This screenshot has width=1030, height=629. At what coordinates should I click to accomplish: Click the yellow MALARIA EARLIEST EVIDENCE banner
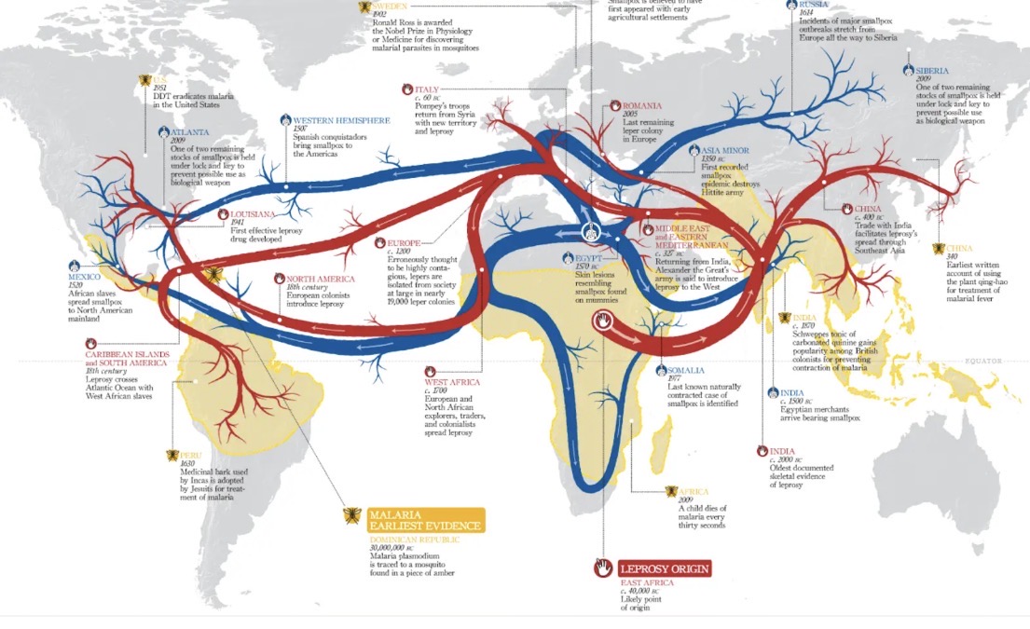pyautogui.click(x=426, y=520)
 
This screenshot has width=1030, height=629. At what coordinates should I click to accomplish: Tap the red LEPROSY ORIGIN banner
pyautogui.click(x=665, y=568)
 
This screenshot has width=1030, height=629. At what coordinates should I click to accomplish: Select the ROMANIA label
pyautogui.click(x=641, y=106)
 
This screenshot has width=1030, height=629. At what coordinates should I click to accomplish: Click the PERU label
pyautogui.click(x=190, y=455)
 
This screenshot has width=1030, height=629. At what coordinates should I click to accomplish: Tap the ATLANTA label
pyautogui.click(x=189, y=132)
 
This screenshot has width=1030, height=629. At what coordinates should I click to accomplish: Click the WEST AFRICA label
pyautogui.click(x=451, y=382)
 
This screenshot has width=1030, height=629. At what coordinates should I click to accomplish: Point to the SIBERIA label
pyautogui.click(x=931, y=71)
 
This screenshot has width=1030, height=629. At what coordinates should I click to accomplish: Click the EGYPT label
pyautogui.click(x=588, y=256)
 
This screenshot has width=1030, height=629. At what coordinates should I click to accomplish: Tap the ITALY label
pyautogui.click(x=426, y=89)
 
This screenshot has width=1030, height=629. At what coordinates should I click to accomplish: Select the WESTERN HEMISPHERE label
pyautogui.click(x=341, y=120)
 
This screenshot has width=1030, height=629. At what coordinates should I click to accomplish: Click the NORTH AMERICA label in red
pyautogui.click(x=320, y=279)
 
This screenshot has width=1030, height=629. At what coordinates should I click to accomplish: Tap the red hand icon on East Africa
pyautogui.click(x=603, y=321)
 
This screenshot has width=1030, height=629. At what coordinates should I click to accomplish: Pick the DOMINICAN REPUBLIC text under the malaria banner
pyautogui.click(x=414, y=540)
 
